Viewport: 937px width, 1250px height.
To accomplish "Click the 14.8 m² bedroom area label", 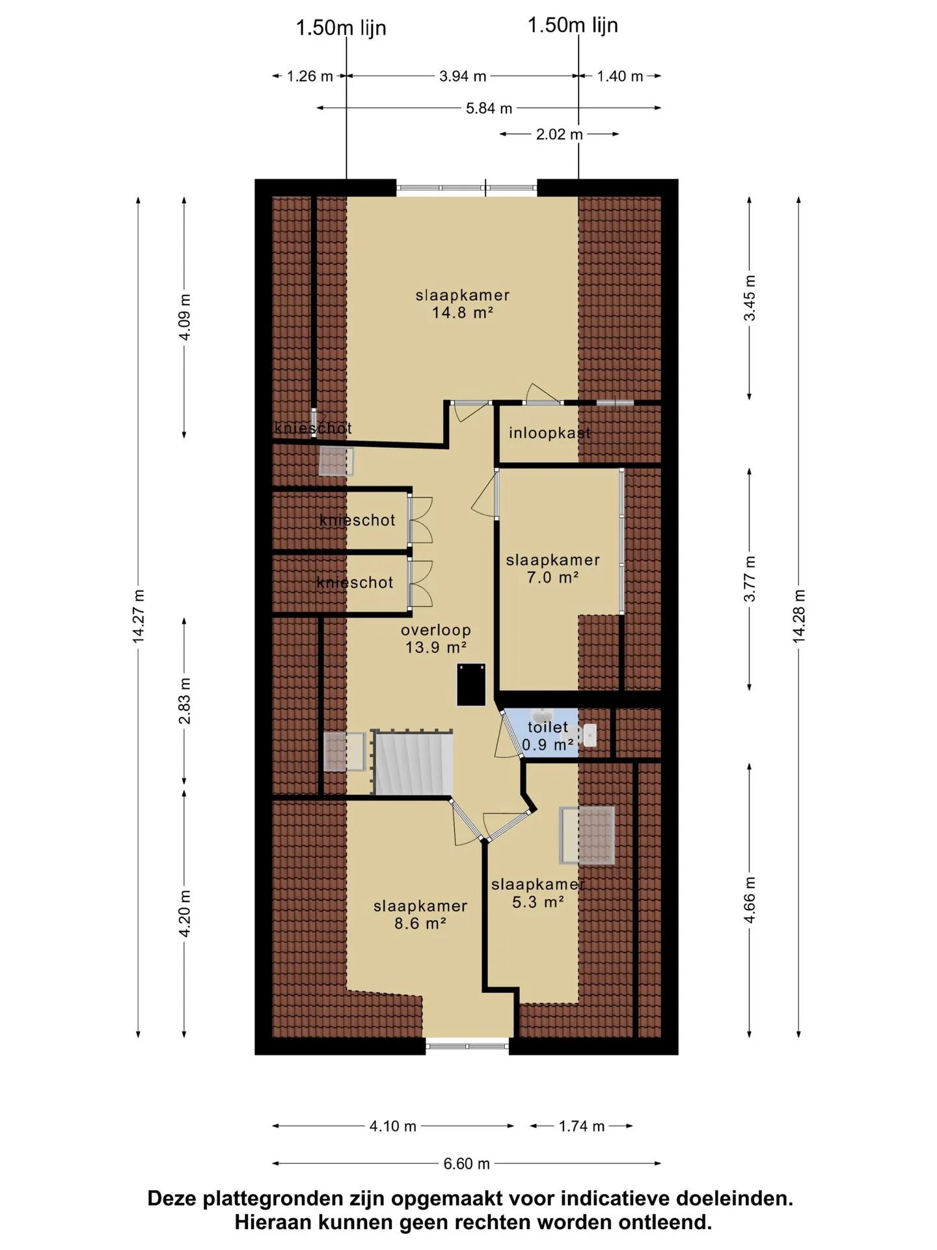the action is point(462,303).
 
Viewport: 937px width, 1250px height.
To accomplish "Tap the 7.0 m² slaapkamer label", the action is point(552,568).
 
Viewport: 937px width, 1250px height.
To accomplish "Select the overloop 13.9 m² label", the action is point(435,639).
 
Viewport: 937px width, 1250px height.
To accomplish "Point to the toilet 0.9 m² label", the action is point(548,736).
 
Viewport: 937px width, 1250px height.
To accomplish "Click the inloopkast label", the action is point(550,433).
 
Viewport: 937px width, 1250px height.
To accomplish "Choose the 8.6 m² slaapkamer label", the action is point(420,914).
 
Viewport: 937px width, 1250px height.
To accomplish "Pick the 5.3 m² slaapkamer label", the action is point(537,893).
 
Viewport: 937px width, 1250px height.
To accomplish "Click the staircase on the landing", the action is point(413,762).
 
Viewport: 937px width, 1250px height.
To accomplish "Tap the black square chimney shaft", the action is point(471,684).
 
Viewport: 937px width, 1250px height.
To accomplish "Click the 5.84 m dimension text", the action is point(489,109).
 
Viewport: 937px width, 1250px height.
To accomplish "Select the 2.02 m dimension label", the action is point(559,135).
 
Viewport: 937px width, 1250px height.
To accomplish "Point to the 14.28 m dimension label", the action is point(799,616).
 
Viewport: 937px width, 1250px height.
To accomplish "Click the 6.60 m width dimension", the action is point(467,1163).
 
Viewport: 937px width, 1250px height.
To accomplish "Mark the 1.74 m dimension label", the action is point(582,1126).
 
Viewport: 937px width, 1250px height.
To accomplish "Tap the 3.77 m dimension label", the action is point(750,579).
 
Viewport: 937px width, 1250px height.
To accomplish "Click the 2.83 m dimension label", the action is point(185,701).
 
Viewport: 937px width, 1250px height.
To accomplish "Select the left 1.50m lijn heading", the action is point(341,28).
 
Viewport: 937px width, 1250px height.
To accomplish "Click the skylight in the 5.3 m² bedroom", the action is point(587,835).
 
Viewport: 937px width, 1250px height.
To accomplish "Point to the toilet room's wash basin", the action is point(590,735).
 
